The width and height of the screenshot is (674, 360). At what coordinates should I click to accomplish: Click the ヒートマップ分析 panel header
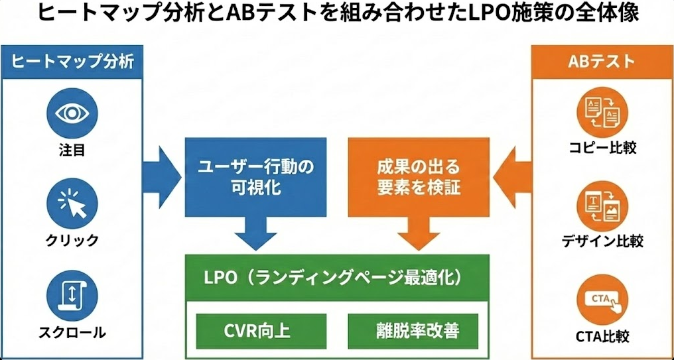coord(73,62)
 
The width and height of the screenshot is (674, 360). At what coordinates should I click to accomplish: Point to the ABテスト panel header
coord(602,62)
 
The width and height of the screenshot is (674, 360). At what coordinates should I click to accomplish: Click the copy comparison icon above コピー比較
coord(602,111)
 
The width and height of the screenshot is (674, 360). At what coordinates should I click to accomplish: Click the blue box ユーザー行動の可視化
coord(255,177)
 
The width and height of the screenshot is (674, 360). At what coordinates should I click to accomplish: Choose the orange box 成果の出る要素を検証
coord(419,177)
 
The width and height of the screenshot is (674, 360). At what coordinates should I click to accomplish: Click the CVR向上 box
coord(261,331)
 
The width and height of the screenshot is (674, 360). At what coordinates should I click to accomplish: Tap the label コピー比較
coord(602,147)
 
